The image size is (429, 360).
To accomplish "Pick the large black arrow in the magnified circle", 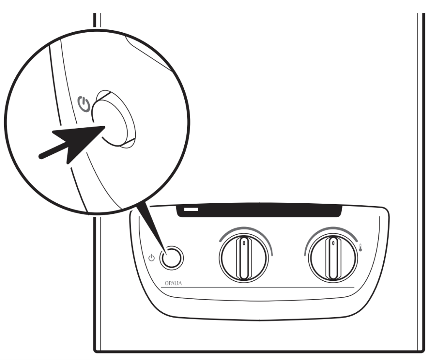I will tap(71, 142).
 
